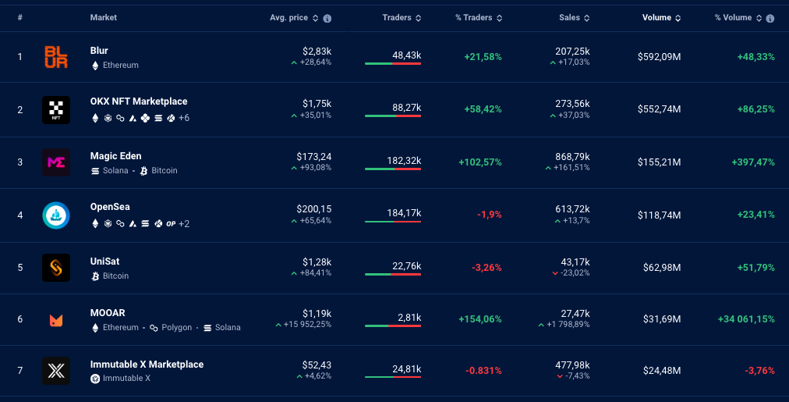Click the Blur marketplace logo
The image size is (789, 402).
[x=56, y=57]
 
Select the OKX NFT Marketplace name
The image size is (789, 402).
[x=139, y=101]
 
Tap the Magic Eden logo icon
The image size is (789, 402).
[x=56, y=162]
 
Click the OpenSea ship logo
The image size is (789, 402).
[x=56, y=215]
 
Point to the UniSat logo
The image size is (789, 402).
[x=56, y=268]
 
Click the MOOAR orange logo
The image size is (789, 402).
[x=56, y=320]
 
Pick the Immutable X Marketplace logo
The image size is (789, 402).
[x=56, y=371]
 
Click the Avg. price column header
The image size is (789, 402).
[x=288, y=17]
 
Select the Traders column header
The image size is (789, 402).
[x=397, y=17]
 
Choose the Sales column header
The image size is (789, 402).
[x=569, y=17]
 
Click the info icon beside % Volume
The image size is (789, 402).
[x=770, y=18]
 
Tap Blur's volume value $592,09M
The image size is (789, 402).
[x=659, y=57]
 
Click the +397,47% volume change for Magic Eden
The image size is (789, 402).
[x=753, y=162]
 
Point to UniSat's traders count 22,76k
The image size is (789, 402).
[x=406, y=266]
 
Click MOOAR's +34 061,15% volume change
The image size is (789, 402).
[x=746, y=319]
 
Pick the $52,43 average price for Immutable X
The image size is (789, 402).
[x=317, y=365]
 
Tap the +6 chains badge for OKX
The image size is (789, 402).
[x=184, y=118]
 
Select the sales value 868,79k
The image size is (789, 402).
[x=572, y=157]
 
